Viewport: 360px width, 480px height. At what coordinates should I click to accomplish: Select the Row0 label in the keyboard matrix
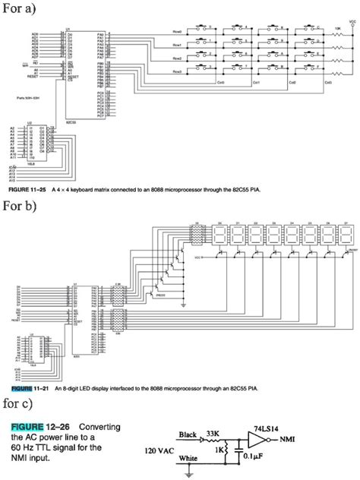point(177,31)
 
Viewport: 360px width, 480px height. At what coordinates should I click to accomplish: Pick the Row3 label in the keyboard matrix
point(177,71)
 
